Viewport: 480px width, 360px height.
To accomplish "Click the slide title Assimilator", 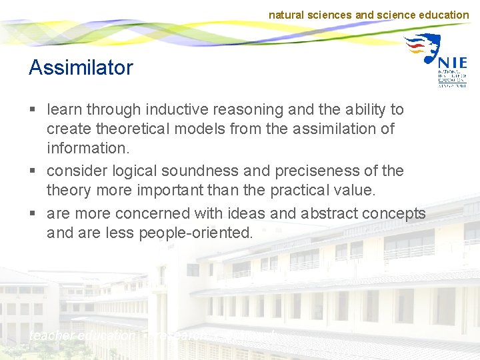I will [81, 67].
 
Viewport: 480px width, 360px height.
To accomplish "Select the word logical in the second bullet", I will [135, 171].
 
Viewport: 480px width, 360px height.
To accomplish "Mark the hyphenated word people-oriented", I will [196, 233].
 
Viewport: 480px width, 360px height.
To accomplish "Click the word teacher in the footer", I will [52, 336].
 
